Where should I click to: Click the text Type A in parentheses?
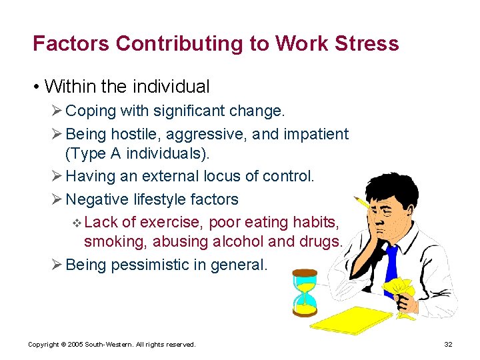click(x=94, y=153)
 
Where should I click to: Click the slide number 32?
click(x=448, y=344)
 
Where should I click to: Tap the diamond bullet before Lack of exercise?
click(x=78, y=222)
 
